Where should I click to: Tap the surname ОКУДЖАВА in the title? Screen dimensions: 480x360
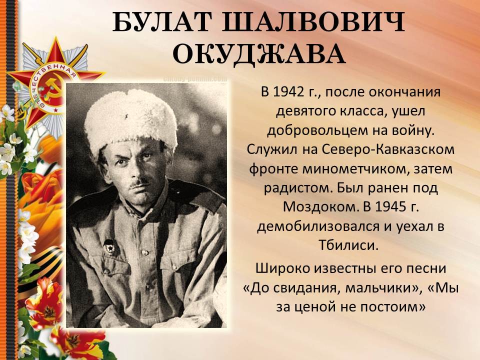tap(259, 54)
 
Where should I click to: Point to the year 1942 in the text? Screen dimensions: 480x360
tap(288, 91)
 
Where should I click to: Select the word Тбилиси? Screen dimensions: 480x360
tap(348, 245)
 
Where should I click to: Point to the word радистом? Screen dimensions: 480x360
tap(298, 188)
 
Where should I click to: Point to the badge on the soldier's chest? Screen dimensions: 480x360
tap(109, 245)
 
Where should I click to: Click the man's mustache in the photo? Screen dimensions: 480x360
tap(138, 184)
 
